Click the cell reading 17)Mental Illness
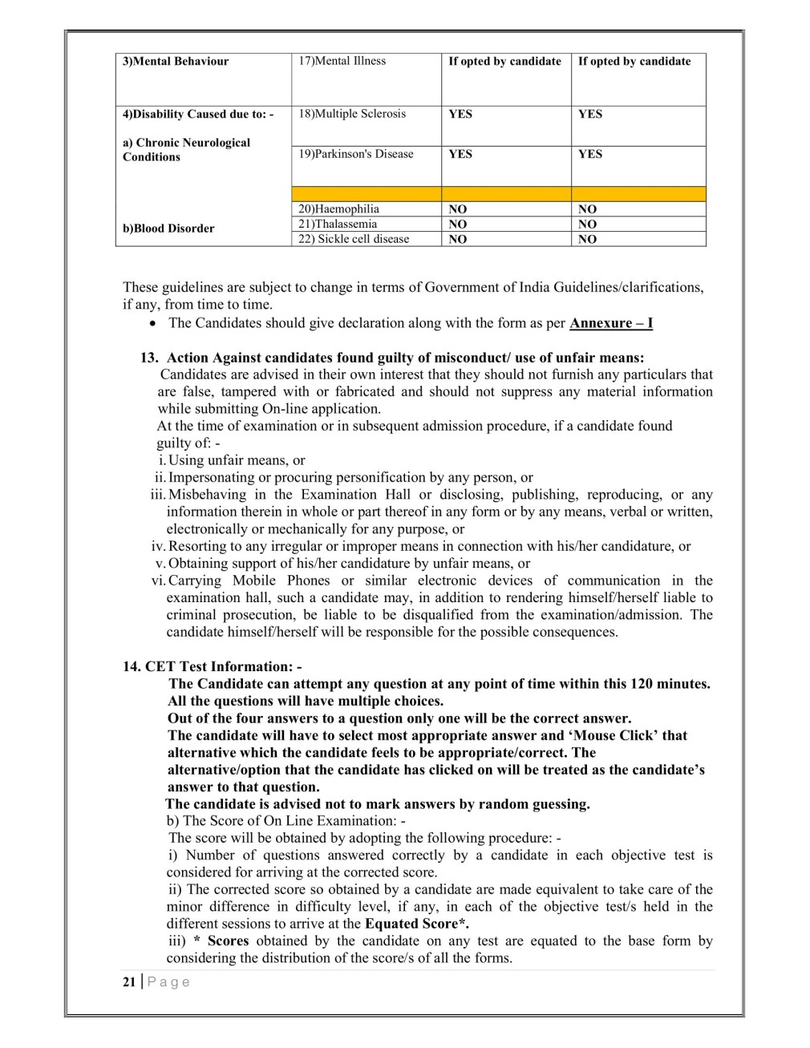point(342,61)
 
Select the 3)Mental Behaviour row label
point(175,62)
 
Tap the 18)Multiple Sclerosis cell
point(352,114)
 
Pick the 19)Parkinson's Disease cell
point(356,154)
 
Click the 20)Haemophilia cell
point(338,209)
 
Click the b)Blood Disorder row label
point(168,229)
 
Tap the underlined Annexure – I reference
point(611,323)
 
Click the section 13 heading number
point(148,358)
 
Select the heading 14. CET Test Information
point(213,666)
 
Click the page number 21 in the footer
point(129,982)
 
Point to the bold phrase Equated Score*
point(417,924)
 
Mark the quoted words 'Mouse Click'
point(613,735)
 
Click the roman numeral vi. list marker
point(157,581)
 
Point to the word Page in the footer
point(168,982)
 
